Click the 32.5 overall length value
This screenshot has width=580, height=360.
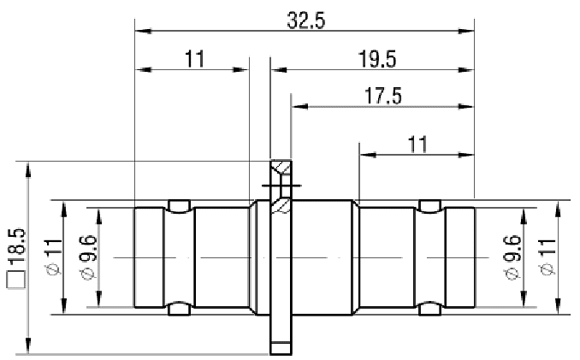(306, 21)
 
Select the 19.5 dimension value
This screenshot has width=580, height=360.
(377, 59)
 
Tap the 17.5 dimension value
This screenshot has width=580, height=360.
(383, 96)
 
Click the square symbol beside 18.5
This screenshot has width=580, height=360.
(16, 279)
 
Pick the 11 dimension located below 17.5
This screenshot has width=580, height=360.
(417, 145)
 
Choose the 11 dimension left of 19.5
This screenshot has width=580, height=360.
(194, 59)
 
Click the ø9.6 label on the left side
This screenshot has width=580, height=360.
(88, 258)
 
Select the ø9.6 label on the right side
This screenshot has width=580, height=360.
(512, 258)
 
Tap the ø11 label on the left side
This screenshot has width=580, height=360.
(53, 258)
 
